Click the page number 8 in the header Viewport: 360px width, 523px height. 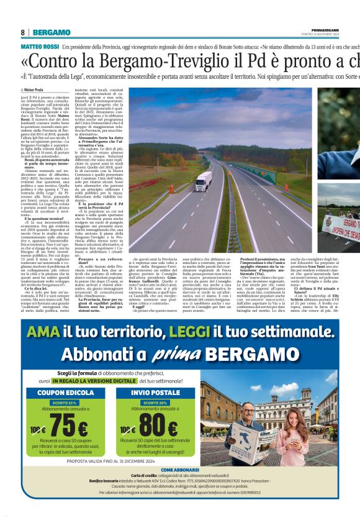click(22, 32)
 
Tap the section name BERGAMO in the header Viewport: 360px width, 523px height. click(52, 32)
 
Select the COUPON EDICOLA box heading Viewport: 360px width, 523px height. click(66, 393)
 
